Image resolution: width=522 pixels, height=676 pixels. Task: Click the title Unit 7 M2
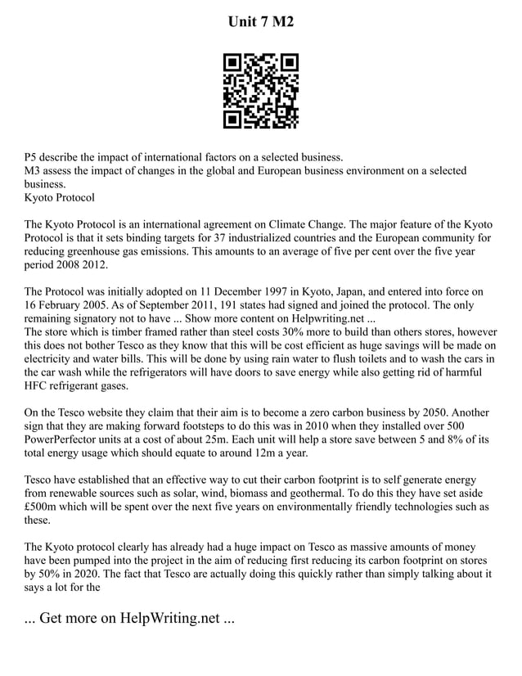260,20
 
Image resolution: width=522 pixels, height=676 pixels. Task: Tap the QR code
261,91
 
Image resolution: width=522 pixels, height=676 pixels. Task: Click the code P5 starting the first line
32,157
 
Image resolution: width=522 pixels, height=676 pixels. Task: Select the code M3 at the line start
34,171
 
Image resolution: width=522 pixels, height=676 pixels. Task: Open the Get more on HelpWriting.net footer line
129,618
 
